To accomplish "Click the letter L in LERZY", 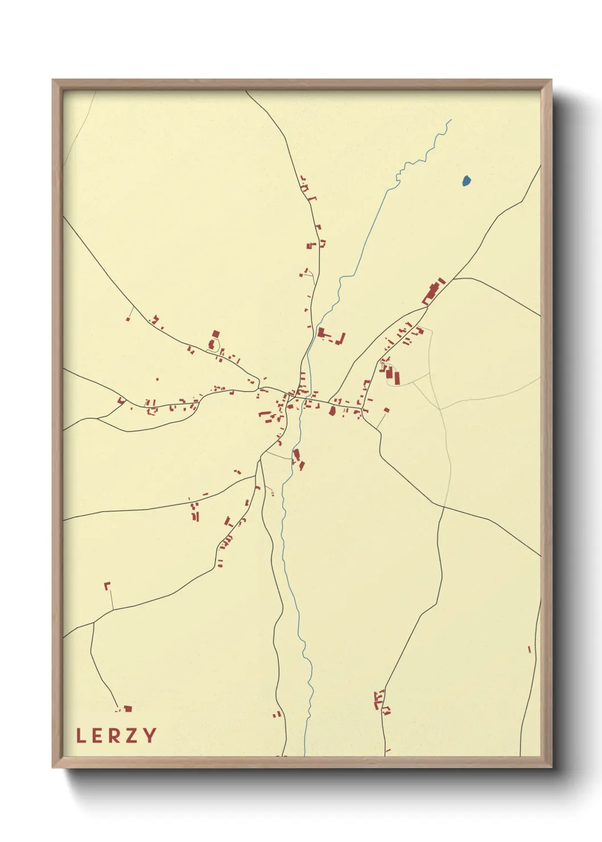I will pos(81,736).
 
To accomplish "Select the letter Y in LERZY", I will pos(150,736).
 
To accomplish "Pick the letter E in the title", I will pos(97,736).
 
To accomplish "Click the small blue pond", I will pos(467,181).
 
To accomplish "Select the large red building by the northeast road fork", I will pos(433,291).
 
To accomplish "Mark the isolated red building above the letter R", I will pos(127,709).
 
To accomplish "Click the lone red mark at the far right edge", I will pos(529,649).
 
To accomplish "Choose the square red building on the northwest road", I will pos(216,334).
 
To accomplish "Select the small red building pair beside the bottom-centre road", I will pos(278,714).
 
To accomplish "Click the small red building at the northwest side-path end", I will pos(128,319).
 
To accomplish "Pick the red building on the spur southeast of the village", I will pos(387,410).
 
